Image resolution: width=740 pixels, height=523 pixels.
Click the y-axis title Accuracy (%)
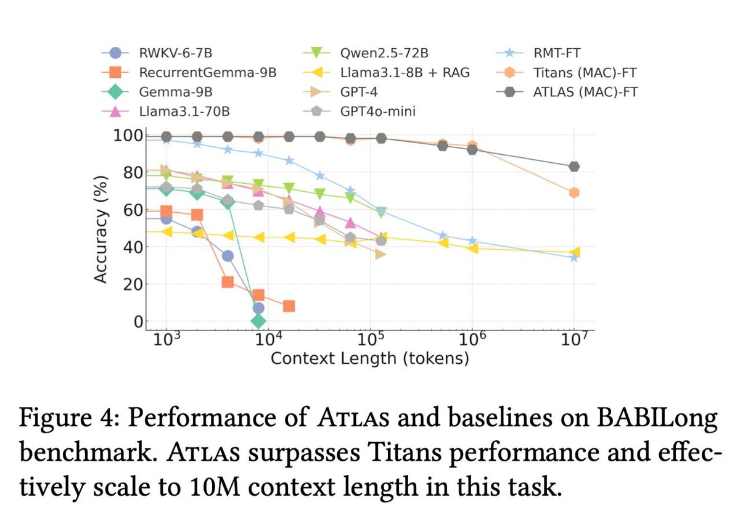102,229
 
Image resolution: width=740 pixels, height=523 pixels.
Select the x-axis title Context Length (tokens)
369,358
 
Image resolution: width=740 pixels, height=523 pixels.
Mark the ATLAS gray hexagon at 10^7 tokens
574,167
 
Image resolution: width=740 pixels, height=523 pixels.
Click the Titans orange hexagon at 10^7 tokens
574,192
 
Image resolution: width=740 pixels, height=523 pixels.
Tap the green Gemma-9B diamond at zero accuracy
258,321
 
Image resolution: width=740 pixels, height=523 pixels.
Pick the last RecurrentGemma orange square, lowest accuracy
289,306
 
